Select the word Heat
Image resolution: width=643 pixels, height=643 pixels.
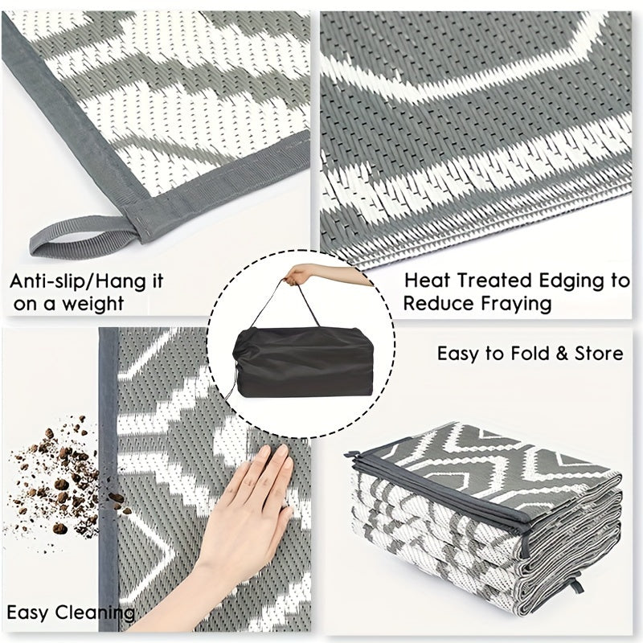(x=428, y=281)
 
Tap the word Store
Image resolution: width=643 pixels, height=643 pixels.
(x=598, y=354)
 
